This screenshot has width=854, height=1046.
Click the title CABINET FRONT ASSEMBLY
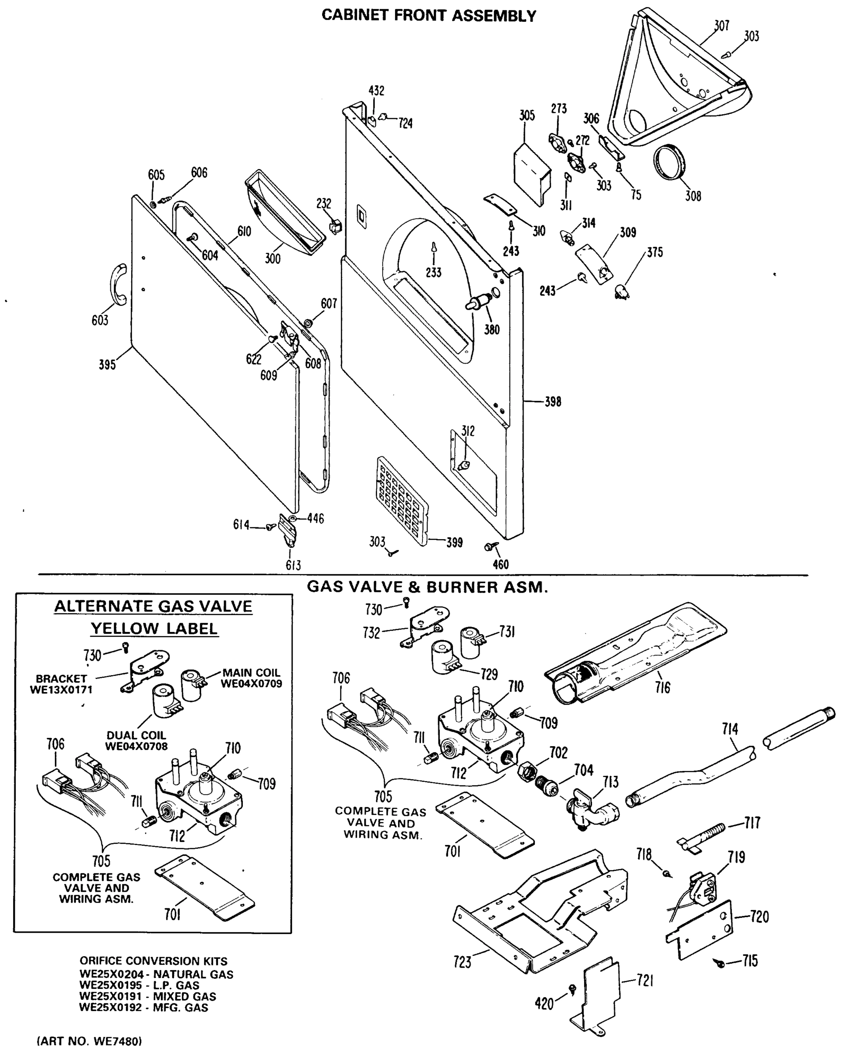point(429,16)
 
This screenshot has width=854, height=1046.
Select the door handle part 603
point(118,285)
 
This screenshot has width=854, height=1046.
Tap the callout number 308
point(693,196)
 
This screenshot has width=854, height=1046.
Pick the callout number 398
point(552,402)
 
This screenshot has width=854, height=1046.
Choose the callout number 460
point(500,564)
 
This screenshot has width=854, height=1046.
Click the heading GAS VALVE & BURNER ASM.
point(427,587)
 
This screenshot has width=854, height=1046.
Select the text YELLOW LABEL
point(154,628)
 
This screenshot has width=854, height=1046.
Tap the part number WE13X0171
point(61,689)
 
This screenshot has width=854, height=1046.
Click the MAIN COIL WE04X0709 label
point(251,678)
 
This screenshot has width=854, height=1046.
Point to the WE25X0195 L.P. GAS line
point(139,985)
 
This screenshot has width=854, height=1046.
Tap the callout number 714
point(730,729)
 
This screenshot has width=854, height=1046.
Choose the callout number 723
point(463,962)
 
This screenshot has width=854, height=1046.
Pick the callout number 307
point(721,26)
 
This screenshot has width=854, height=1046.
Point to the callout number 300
point(272,258)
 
